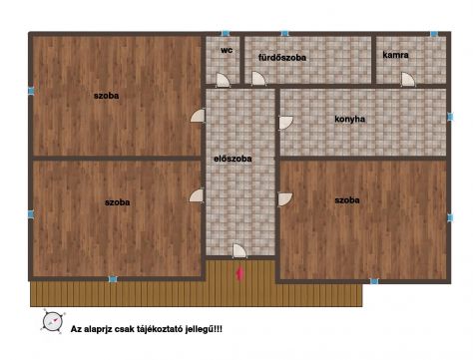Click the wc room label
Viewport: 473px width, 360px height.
click(227, 50)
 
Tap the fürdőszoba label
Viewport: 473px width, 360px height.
click(282, 58)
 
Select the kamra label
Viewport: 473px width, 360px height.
click(395, 55)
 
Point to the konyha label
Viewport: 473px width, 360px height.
click(349, 119)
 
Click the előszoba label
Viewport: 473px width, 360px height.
click(233, 159)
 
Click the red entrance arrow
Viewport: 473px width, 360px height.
click(239, 274)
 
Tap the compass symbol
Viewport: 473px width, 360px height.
click(53, 321)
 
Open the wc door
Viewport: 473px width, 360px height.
click(223, 80)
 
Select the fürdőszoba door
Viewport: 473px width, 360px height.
click(258, 79)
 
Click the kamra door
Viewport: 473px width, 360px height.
click(408, 80)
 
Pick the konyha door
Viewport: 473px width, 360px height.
click(285, 123)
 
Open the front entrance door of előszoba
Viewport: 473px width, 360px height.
click(239, 250)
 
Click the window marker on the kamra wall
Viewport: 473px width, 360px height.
click(433, 34)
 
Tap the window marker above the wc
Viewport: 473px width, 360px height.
click(226, 33)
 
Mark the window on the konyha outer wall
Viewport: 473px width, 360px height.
click(450, 117)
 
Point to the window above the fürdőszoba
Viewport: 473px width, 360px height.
click(284, 33)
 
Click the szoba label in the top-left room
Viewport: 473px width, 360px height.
click(106, 96)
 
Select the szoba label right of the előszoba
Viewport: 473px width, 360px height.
click(347, 200)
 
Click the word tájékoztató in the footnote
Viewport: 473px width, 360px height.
click(159, 329)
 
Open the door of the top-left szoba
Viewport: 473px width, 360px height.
click(198, 116)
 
